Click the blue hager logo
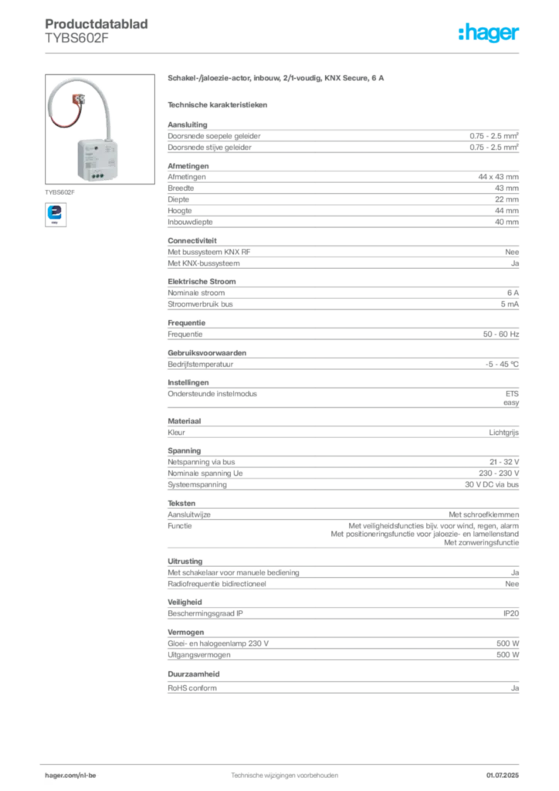[490, 33]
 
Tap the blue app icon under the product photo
[55, 212]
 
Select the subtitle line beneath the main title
[219, 104]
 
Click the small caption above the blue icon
[61, 189]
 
